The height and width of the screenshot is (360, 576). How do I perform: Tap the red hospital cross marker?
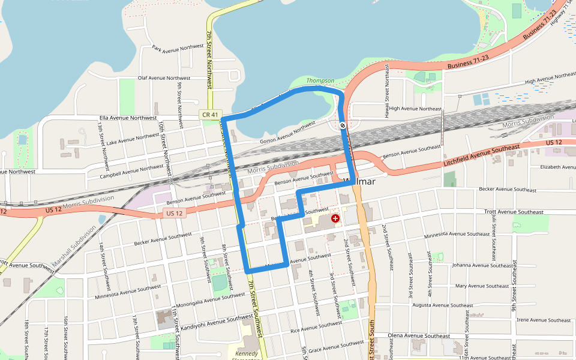335,219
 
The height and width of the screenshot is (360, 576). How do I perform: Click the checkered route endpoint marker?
342,125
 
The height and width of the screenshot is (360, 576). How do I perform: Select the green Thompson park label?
320,80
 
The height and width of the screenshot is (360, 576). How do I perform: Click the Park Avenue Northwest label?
178,47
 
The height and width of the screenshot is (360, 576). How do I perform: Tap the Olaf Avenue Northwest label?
164,78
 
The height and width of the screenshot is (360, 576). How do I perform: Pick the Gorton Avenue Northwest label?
288,130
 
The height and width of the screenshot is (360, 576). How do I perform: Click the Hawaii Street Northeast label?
388,86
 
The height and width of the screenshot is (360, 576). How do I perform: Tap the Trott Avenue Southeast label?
514,212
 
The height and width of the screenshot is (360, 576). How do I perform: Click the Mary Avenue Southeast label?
482,286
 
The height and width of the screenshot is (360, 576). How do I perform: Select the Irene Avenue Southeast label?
545,320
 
